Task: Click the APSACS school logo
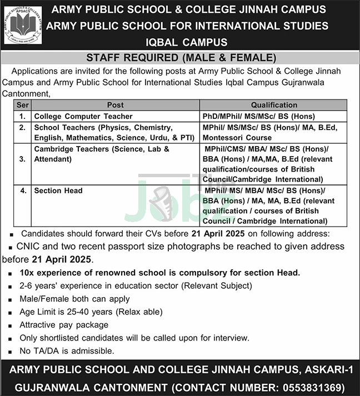tap(24, 25)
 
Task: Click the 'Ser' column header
tap(23, 105)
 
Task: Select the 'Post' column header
tap(116, 105)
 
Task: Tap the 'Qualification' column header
tap(274, 105)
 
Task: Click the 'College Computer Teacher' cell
tap(83, 116)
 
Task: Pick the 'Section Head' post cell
tap(58, 191)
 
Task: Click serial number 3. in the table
tap(23, 159)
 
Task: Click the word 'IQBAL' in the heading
tap(166, 42)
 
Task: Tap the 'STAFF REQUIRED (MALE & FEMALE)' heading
tap(181, 58)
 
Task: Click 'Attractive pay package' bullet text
tap(64, 324)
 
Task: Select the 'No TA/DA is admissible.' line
tap(67, 350)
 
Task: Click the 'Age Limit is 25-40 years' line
tap(83, 312)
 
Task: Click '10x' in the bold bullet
tap(27, 273)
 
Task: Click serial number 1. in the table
tap(23, 116)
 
